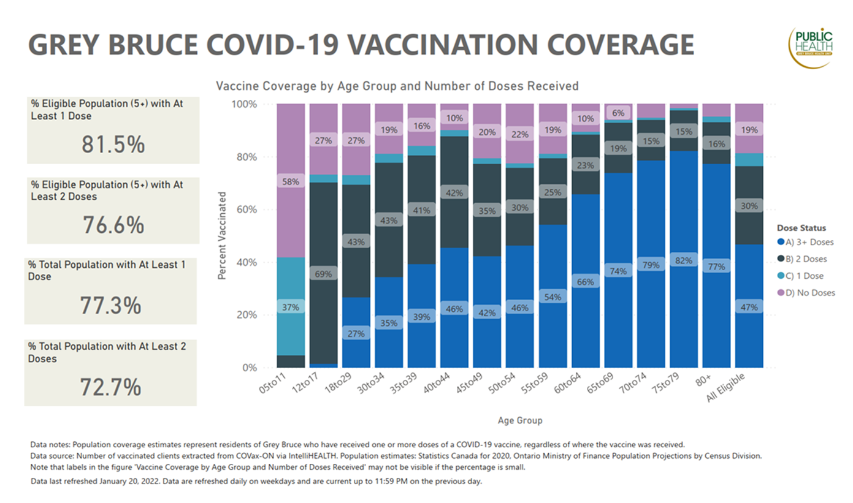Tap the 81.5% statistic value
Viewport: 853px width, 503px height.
tap(113, 145)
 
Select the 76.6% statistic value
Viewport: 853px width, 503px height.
tap(113, 225)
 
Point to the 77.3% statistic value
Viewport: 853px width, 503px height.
tap(111, 305)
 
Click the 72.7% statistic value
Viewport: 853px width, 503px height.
tap(111, 387)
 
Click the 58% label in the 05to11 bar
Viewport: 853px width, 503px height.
tap(291, 181)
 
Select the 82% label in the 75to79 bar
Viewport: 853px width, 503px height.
tap(684, 260)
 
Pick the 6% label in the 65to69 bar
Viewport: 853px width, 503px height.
tap(619, 113)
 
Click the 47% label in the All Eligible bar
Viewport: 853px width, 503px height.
tap(749, 308)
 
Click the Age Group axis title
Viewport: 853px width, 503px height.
tap(520, 421)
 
